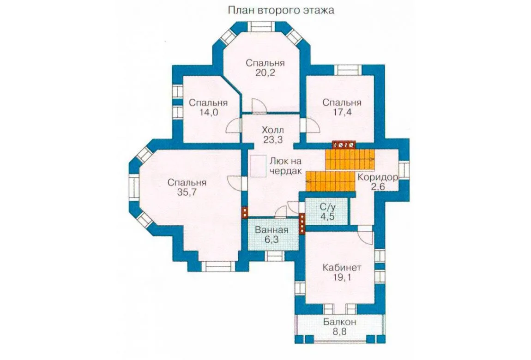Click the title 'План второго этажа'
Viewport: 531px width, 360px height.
(281, 10)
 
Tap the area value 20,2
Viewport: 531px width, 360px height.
(265, 73)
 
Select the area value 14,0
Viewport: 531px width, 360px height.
(208, 112)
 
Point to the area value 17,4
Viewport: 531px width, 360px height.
(342, 112)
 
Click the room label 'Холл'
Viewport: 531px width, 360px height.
(272, 130)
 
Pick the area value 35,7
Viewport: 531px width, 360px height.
(187, 192)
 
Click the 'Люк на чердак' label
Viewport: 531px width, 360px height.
(285, 166)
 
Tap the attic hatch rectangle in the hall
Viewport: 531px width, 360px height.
(259, 166)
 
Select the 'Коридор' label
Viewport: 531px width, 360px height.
(378, 177)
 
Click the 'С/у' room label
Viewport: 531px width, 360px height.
(327, 206)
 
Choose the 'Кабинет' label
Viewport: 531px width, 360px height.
(342, 268)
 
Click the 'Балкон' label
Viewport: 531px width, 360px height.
(340, 321)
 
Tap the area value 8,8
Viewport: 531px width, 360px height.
(340, 331)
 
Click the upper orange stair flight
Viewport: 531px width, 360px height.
(350, 159)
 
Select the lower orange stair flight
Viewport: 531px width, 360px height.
(330, 181)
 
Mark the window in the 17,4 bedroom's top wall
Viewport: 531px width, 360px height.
(348, 69)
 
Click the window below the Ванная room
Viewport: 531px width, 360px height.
(275, 256)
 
